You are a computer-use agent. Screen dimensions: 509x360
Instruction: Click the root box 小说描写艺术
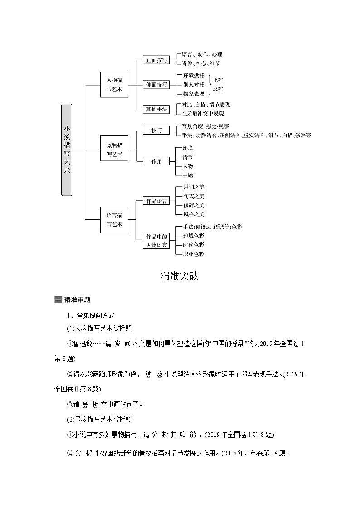[x=67, y=150]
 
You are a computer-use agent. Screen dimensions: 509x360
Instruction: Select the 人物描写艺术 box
[x=114, y=84]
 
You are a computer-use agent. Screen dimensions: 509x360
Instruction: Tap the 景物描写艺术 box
[x=114, y=150]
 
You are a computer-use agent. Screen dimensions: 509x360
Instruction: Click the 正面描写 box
[x=156, y=60]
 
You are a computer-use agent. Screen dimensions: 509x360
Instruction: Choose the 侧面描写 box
[x=156, y=84]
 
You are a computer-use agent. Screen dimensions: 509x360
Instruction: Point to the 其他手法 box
[x=156, y=109]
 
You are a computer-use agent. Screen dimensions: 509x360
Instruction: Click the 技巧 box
[x=156, y=131]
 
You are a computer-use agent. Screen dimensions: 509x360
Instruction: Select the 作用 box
[x=156, y=161]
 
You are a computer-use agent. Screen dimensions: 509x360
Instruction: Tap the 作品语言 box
[x=156, y=200]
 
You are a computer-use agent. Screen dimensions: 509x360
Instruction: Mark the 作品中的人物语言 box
[x=156, y=241]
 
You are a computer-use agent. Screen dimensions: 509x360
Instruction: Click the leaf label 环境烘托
[x=194, y=75]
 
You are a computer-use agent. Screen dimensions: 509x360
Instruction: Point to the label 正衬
[x=218, y=80]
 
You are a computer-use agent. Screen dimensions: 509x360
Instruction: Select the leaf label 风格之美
[x=194, y=214]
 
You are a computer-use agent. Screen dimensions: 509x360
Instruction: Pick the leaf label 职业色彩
[x=193, y=254]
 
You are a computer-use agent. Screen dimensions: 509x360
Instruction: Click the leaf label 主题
[x=188, y=175]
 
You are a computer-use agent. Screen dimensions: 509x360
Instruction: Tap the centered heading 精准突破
[x=180, y=276]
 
